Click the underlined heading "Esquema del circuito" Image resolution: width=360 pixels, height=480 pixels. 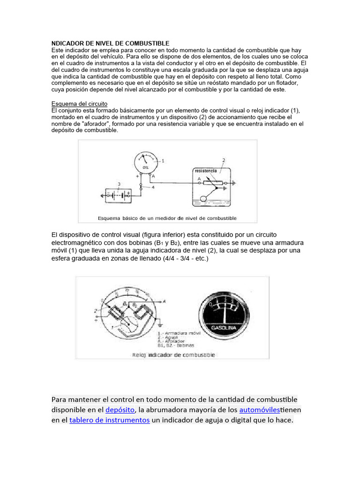click(79, 104)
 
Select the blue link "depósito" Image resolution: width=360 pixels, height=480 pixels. click(120, 410)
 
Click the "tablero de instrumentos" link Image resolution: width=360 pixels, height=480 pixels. click(109, 420)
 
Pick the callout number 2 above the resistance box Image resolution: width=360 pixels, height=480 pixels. click(224, 160)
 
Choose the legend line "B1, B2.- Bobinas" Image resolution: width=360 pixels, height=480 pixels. click(172, 345)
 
